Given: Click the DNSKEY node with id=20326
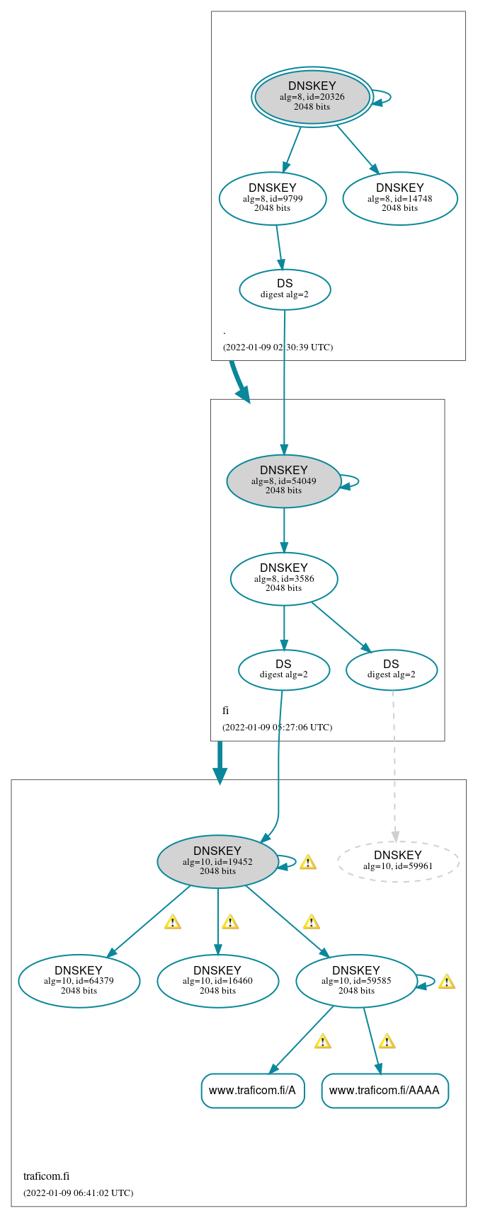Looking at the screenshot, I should pos(312,97).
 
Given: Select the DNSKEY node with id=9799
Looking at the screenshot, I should pos(273,198).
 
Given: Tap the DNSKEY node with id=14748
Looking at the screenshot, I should pos(400,198).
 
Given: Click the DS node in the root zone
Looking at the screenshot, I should pos(285,289).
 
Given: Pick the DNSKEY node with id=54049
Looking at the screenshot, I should pos(284,481).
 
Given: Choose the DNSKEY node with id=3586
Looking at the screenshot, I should pos(284,579).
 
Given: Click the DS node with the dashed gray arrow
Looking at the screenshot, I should pos(391,670).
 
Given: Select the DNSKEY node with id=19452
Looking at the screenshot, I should pos(217,861).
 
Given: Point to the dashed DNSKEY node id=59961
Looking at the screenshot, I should pos(398,861).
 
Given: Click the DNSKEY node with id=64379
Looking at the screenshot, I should pos(79,981).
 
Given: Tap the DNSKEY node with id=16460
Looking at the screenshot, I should pos(217,981).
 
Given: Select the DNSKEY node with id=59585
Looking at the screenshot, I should pos(356,981).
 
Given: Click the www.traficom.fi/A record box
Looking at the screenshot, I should pos(253,1091).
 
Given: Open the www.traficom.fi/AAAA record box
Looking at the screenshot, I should pos(385,1091).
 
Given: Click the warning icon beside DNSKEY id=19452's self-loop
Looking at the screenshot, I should pos(307,862).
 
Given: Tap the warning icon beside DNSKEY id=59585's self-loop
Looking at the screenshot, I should pos(446,982).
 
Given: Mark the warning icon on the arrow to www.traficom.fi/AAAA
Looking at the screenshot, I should pos(386,1041).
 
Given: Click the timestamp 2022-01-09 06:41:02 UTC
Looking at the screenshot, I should pos(78,1193).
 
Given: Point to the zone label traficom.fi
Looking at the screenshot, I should pos(46,1176).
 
